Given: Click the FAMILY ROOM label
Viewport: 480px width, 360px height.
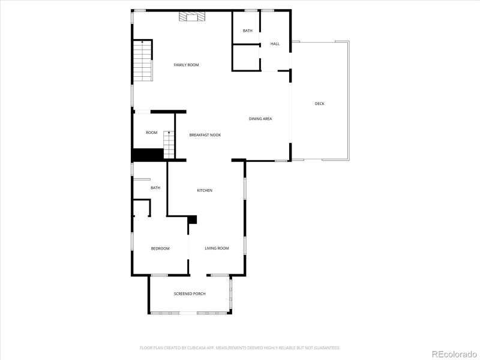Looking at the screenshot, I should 186,65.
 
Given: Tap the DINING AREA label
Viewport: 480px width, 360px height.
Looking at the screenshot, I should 260,119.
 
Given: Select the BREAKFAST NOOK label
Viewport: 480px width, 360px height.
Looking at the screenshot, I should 205,135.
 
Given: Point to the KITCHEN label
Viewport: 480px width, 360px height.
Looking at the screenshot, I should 205,191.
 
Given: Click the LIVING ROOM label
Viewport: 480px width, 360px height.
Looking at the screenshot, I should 217,248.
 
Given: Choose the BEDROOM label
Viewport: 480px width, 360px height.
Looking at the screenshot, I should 160,248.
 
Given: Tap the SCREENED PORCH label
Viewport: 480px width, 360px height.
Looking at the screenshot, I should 190,293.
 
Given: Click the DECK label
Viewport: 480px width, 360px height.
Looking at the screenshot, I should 320,104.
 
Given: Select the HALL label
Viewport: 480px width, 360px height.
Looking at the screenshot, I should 275,44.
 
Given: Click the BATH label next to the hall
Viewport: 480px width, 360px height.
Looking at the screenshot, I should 247,31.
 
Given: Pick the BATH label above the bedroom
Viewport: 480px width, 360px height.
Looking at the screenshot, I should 155,188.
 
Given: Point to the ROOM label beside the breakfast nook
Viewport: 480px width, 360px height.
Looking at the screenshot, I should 151,133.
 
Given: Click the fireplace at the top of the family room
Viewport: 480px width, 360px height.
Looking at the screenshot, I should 191,17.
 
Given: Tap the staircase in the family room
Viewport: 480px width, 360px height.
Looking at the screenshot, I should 143,61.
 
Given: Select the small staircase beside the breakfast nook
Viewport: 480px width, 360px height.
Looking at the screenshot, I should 169,144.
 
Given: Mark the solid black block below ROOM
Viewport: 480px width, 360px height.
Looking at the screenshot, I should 148,154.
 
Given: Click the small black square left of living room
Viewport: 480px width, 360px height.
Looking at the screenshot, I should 193,220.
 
